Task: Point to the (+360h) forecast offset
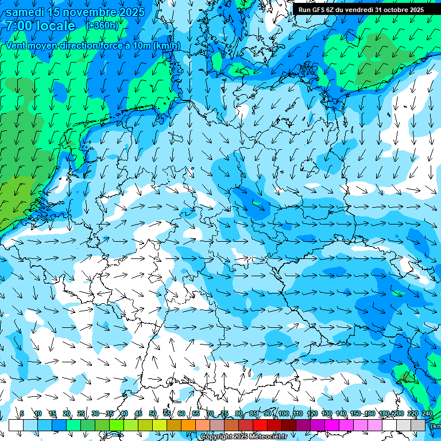[102, 25]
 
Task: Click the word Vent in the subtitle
[17, 46]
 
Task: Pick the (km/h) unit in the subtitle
[167, 46]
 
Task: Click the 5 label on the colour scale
[22, 413]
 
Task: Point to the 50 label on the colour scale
[152, 413]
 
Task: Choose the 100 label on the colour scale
[284, 413]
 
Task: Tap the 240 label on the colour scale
[427, 413]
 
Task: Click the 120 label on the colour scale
[312, 413]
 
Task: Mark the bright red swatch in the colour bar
[260, 425]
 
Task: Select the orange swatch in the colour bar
[188, 425]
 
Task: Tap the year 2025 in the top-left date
[129, 12]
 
